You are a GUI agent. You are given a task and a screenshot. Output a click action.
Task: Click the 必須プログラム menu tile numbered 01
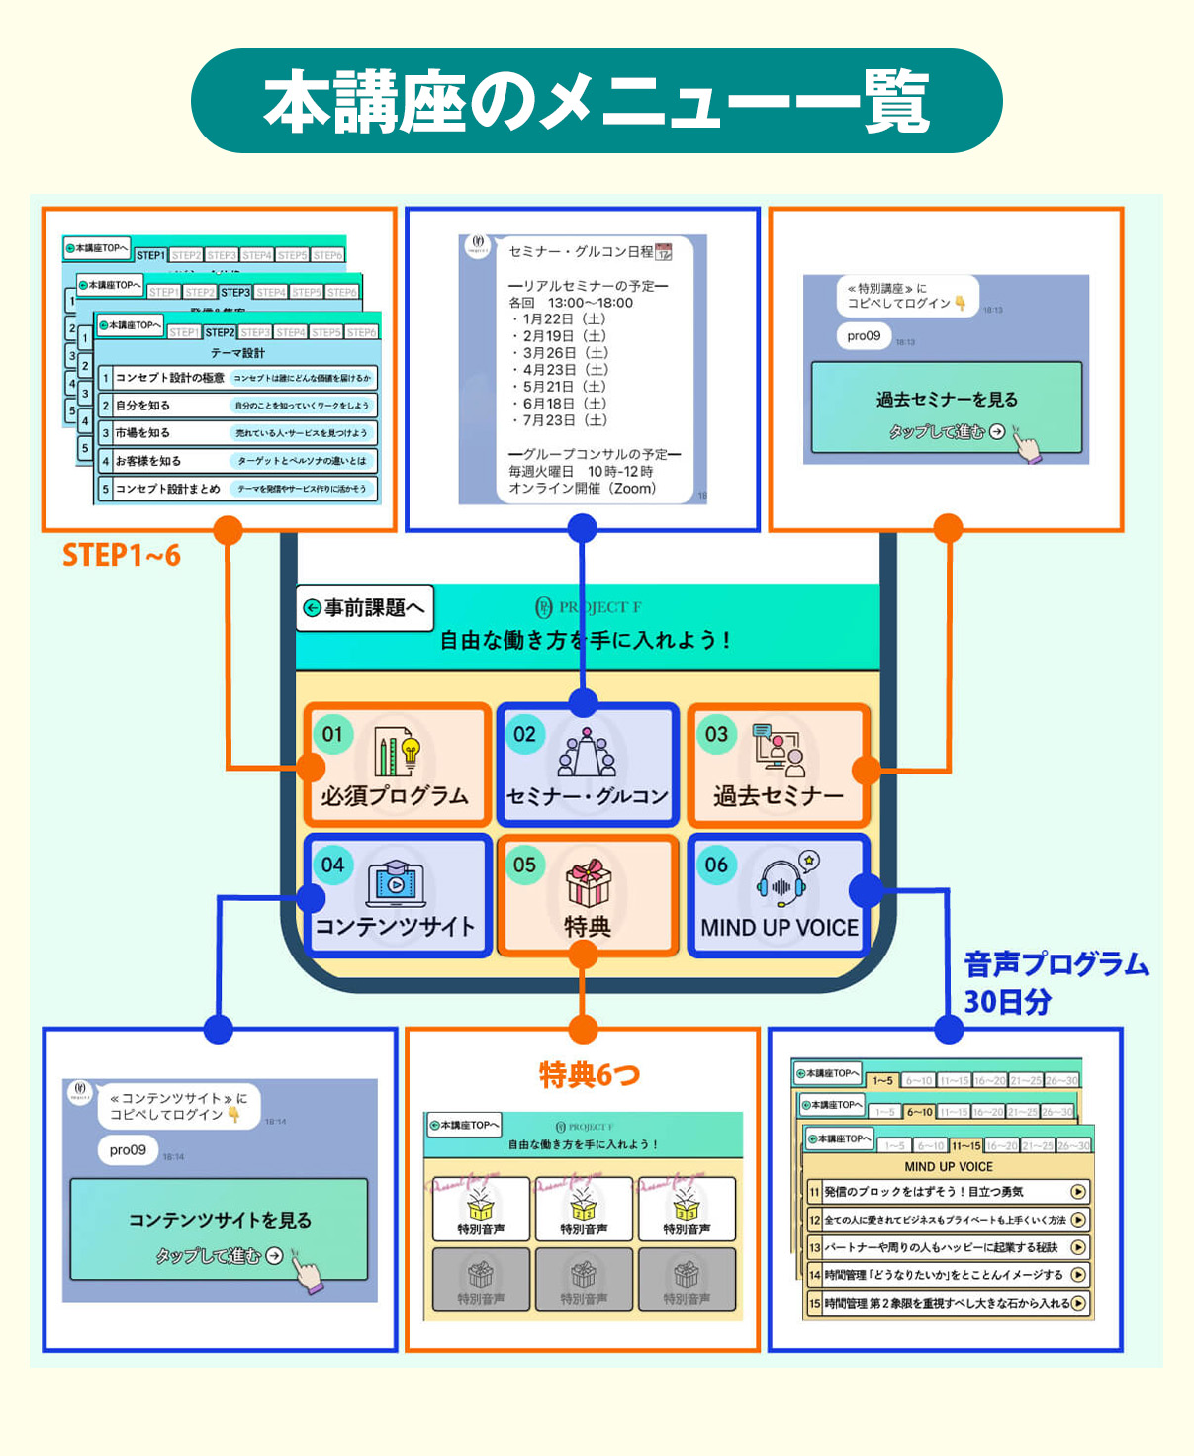[397, 766]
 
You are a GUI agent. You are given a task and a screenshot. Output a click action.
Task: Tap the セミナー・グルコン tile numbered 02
[588, 766]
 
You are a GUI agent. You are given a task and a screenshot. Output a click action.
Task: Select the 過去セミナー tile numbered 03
[779, 766]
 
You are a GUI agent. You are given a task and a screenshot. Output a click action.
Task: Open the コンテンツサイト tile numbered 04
[397, 896]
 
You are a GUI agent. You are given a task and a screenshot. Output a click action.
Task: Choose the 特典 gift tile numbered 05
[588, 896]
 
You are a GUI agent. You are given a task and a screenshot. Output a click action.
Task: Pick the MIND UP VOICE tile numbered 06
[780, 896]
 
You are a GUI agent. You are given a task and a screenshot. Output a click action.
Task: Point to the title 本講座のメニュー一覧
[597, 102]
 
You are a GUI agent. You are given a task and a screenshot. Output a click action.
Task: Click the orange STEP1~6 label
[122, 556]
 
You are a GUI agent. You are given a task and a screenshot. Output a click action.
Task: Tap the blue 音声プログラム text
[1056, 964]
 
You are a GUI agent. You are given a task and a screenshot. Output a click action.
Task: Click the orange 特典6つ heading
[590, 1075]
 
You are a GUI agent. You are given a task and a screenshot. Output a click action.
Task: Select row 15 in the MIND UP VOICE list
[948, 1303]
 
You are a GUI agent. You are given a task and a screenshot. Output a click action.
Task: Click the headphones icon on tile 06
[781, 883]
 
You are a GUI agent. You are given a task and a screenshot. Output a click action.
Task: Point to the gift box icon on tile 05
[588, 882]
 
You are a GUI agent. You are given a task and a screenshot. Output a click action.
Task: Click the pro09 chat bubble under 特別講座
[864, 336]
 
